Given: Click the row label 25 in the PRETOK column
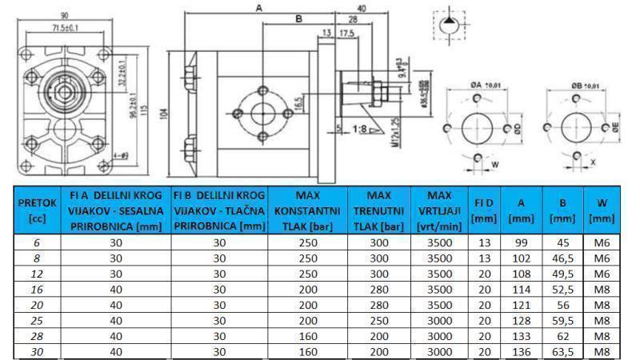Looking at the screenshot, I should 37,318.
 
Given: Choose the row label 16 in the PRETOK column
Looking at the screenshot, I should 37,289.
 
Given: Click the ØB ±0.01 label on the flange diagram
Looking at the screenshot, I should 582,84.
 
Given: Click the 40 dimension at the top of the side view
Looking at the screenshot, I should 362,8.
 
